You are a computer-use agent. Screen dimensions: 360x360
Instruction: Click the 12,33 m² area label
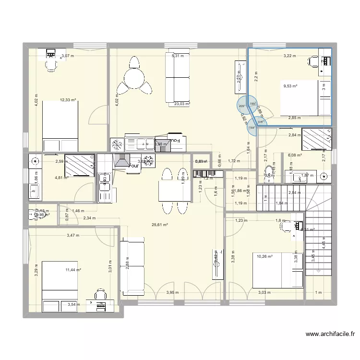(68, 100)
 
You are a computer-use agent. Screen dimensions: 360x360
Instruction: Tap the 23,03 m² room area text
(182, 104)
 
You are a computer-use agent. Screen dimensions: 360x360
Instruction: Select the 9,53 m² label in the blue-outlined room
(290, 86)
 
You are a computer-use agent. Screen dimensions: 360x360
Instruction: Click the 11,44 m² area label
(73, 270)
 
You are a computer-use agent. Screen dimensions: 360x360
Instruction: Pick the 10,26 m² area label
(264, 257)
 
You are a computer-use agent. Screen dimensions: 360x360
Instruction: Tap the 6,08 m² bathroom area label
(294, 155)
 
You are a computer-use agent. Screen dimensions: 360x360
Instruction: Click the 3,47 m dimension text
(73, 235)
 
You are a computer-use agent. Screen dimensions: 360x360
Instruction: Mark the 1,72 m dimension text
(234, 161)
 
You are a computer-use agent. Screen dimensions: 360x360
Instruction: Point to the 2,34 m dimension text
(90, 218)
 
